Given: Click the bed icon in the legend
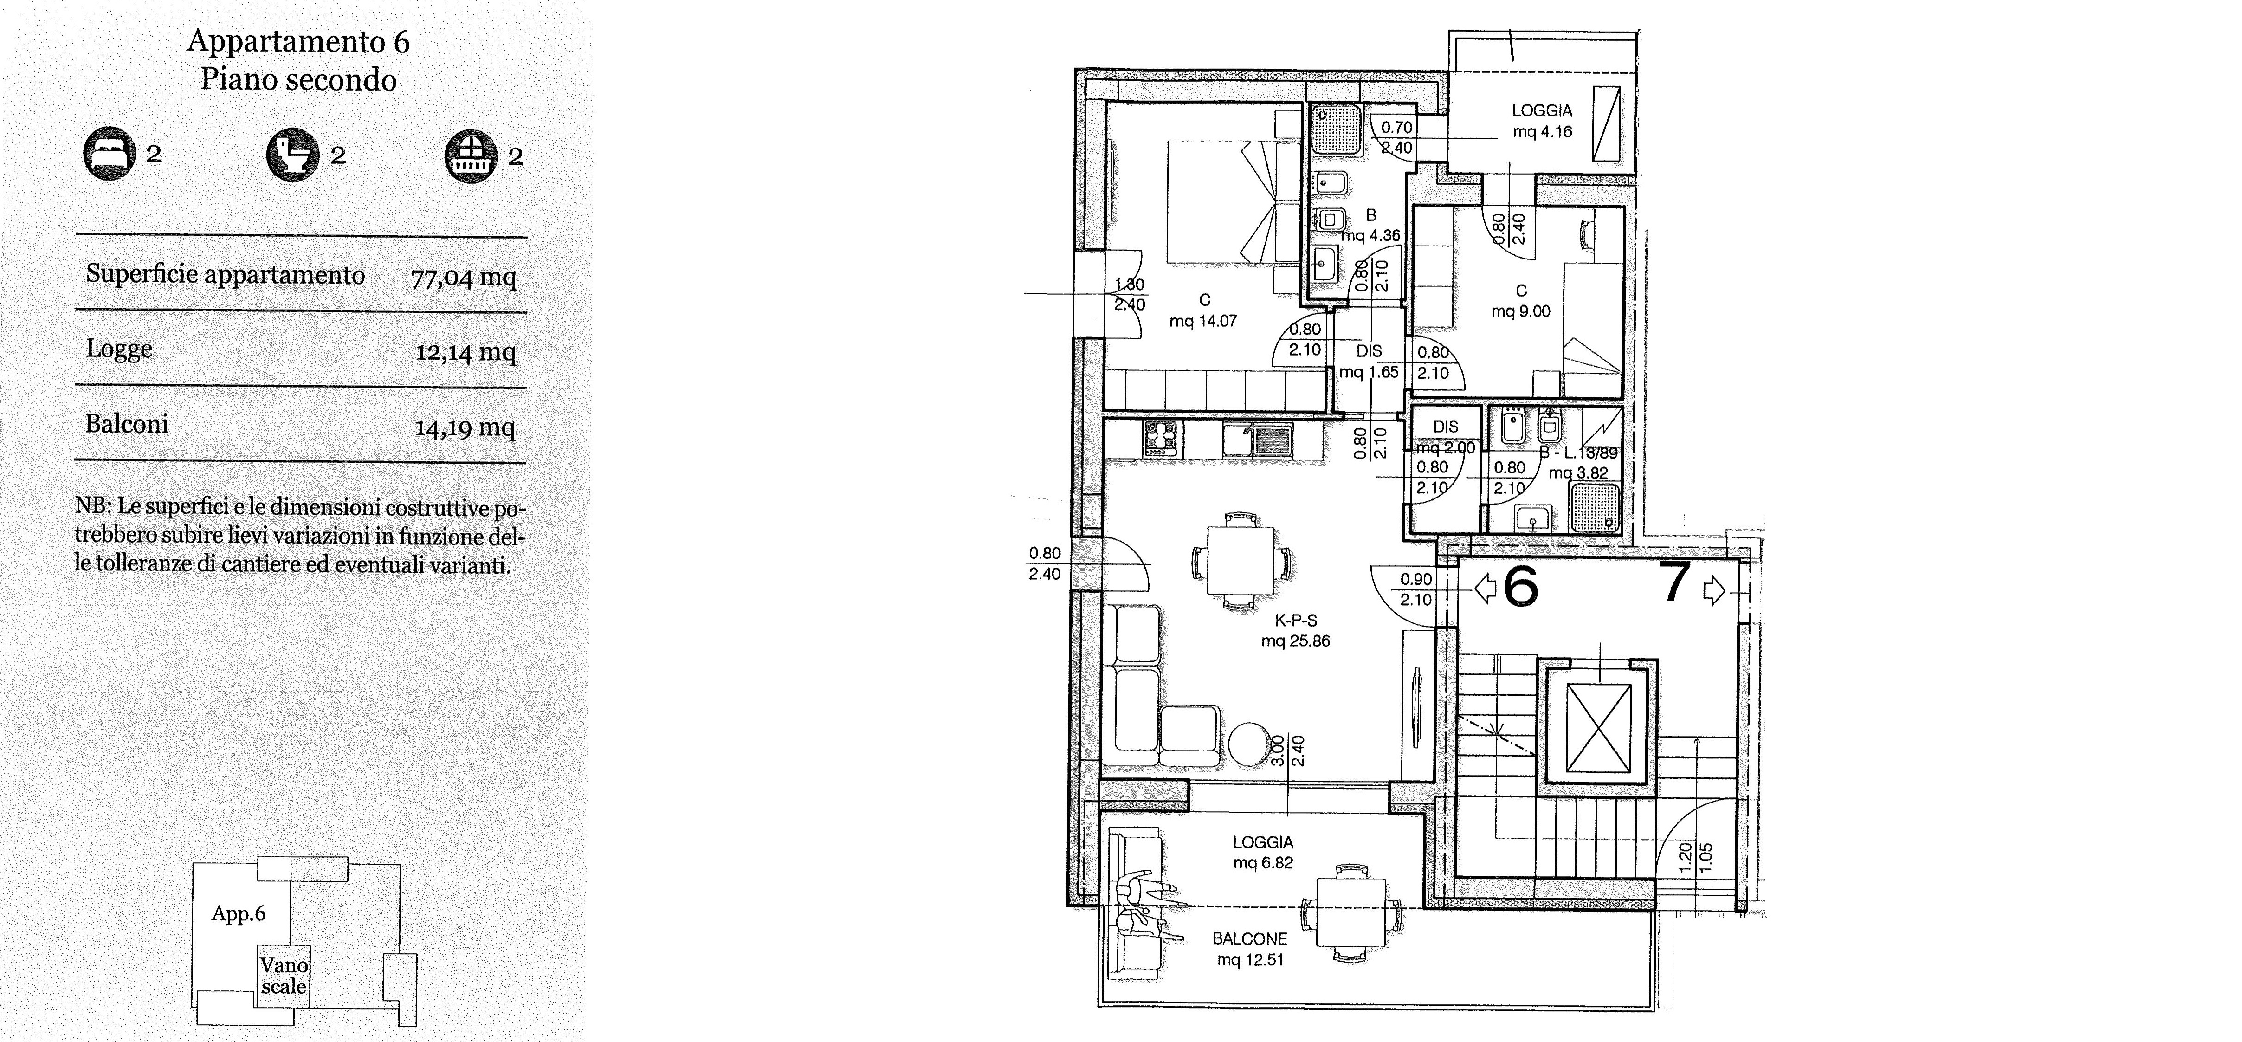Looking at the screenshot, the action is pyautogui.click(x=110, y=153).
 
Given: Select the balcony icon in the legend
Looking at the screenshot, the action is pyautogui.click(x=471, y=157).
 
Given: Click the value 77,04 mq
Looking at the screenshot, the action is pyautogui.click(x=464, y=278).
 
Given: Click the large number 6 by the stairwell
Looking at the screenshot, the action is pyautogui.click(x=1520, y=587).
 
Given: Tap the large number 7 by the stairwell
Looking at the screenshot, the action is pyautogui.click(x=1675, y=583).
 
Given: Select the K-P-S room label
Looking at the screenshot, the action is pyautogui.click(x=1296, y=621).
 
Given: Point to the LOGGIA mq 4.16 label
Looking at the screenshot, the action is pyautogui.click(x=1542, y=121).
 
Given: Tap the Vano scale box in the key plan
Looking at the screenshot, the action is pyautogui.click(x=284, y=975).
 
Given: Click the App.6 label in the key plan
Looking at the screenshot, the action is pyautogui.click(x=239, y=914).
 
